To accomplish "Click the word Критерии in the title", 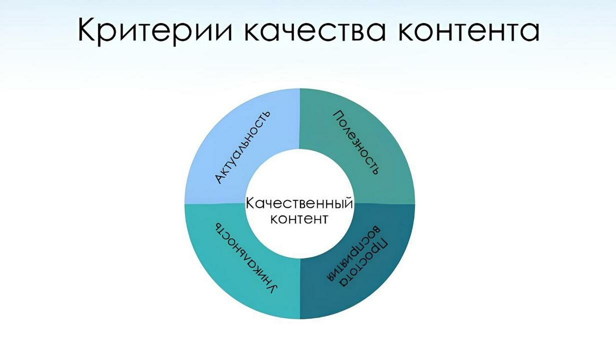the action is coord(155,30).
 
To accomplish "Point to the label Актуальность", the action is coord(242,147).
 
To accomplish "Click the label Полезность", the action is coord(356,142).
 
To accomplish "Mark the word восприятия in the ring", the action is coord(353,253).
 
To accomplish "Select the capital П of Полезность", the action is coord(339,116).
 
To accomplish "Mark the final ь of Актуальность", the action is coord(266,114).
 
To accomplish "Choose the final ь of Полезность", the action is coord(375,170).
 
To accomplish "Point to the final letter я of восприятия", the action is coord(331,275).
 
